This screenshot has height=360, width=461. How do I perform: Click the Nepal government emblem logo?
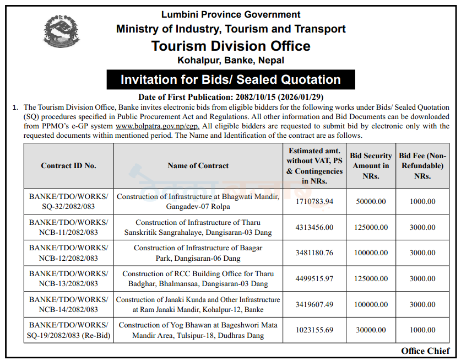tap(61, 32)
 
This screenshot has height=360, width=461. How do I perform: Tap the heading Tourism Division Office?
tap(231, 46)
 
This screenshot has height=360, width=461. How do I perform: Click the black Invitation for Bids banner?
tap(231, 79)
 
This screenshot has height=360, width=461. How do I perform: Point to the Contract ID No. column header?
tap(68, 165)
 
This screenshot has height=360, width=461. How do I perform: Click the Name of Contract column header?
tap(198, 165)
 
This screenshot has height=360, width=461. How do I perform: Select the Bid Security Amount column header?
tap(371, 165)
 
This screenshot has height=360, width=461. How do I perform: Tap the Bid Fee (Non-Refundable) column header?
tap(422, 165)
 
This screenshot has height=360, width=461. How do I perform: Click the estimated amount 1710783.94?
tap(314, 201)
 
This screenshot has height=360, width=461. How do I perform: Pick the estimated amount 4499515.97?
tap(314, 278)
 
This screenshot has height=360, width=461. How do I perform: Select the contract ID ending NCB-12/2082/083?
tap(68, 253)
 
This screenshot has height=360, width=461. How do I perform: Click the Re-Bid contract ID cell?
tap(68, 330)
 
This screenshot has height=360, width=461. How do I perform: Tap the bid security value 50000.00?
tap(371, 201)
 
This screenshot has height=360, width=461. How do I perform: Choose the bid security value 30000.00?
tap(371, 330)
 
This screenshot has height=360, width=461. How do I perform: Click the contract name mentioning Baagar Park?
tap(198, 253)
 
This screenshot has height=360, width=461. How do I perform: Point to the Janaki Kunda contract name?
tap(198, 304)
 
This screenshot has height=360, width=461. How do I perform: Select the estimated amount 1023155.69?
tap(314, 330)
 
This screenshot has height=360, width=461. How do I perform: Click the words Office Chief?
tap(425, 351)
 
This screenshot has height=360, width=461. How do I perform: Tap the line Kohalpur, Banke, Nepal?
tap(231, 60)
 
